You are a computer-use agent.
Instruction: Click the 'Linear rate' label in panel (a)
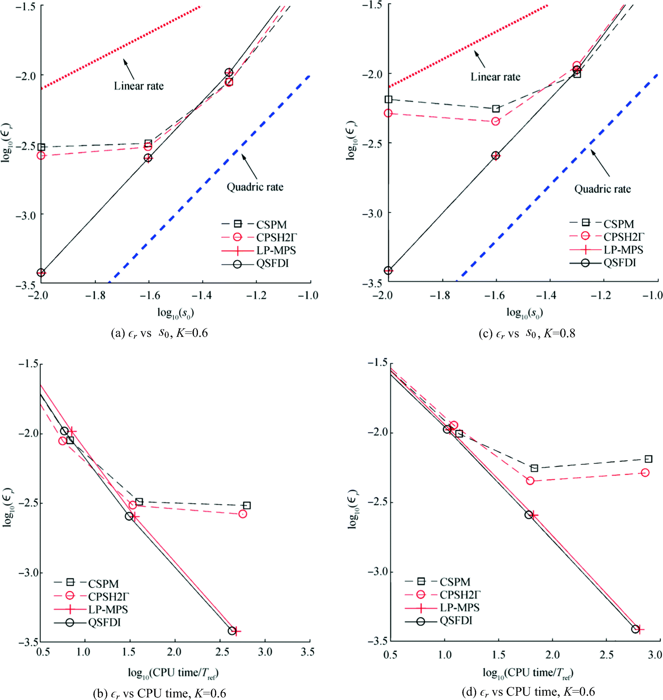(x=139, y=86)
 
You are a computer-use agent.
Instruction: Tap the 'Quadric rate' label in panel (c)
(x=602, y=189)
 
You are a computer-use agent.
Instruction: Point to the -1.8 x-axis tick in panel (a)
(x=95, y=296)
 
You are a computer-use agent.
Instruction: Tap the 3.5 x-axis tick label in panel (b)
(x=307, y=652)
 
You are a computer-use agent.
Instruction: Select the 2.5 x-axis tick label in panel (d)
(x=606, y=654)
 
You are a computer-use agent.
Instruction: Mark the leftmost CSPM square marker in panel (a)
(x=41, y=147)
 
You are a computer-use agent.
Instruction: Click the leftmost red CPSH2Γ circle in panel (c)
(x=388, y=114)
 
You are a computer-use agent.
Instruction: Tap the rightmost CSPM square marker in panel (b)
(x=247, y=506)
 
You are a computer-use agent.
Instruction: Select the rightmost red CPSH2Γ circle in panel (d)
(x=645, y=472)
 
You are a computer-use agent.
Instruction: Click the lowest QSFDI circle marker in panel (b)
(x=232, y=630)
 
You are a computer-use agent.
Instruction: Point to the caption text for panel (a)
(x=159, y=333)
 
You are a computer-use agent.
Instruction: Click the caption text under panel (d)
(x=528, y=691)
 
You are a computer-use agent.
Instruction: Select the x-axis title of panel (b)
(x=173, y=673)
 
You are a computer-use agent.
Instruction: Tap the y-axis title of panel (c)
(x=351, y=141)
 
